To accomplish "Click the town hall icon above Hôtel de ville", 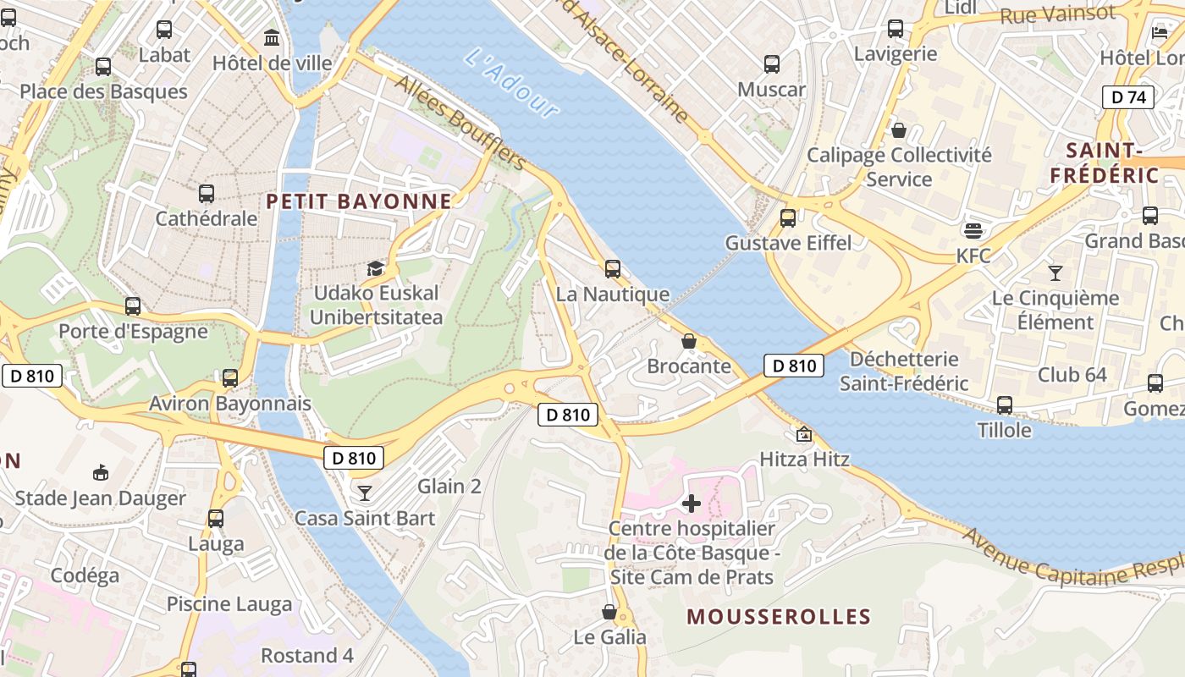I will coord(273,38).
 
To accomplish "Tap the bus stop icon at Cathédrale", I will coord(207,194).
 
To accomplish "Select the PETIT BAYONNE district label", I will coord(359,201).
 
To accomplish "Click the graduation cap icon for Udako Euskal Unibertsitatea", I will coord(375,269).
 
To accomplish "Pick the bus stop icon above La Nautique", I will coord(613,269).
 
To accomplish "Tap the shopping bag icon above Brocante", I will coord(689,341).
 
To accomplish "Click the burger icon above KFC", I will coord(973,230).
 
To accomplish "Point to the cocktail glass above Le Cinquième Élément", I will coord(1055,272).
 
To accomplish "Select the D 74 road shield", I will coord(1128,97).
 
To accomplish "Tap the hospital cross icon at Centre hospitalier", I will coord(692,504).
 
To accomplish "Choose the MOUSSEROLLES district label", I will coord(779,616).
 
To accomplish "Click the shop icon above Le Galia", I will coord(609,612).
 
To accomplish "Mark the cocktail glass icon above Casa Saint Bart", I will coord(365,493).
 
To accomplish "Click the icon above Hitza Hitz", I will coord(803,435).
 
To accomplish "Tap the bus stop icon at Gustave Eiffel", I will coord(788,217).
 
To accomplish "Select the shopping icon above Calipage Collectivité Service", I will coord(899,130).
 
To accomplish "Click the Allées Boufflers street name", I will coord(460,122).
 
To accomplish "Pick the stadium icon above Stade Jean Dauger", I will coord(100,472).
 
